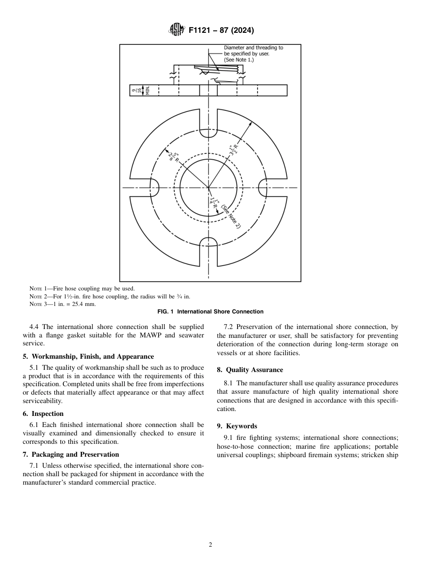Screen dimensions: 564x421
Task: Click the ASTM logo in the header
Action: [176, 30]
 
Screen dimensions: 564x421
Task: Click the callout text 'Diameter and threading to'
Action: [253, 47]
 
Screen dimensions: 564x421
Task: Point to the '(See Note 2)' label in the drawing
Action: [231, 217]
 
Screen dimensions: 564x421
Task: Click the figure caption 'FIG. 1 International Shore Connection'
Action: [210, 312]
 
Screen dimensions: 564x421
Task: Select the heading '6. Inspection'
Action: [43, 414]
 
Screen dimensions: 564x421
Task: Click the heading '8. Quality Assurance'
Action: [249, 370]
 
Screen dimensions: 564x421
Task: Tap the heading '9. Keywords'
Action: [237, 426]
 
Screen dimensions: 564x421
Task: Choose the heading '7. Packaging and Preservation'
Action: [70, 454]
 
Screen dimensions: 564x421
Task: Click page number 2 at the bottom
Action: [210, 545]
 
